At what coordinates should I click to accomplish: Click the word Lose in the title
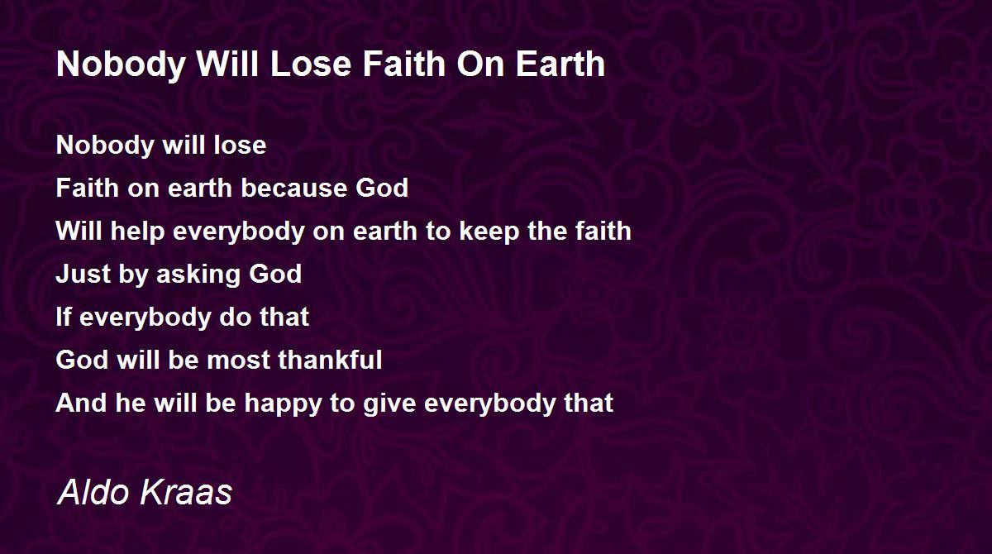click(311, 64)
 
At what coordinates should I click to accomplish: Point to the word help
click(138, 232)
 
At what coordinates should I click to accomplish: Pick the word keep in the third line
click(489, 232)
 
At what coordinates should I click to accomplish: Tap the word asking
click(198, 275)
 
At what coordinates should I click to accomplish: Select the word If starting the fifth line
click(64, 317)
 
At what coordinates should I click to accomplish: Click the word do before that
click(235, 317)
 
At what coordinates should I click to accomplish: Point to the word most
click(239, 360)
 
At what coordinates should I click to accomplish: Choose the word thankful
click(331, 359)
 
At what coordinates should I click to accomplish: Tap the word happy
click(283, 404)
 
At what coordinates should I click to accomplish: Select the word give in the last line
click(389, 404)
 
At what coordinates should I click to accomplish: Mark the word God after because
click(382, 188)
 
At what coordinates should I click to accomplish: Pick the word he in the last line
click(131, 403)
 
